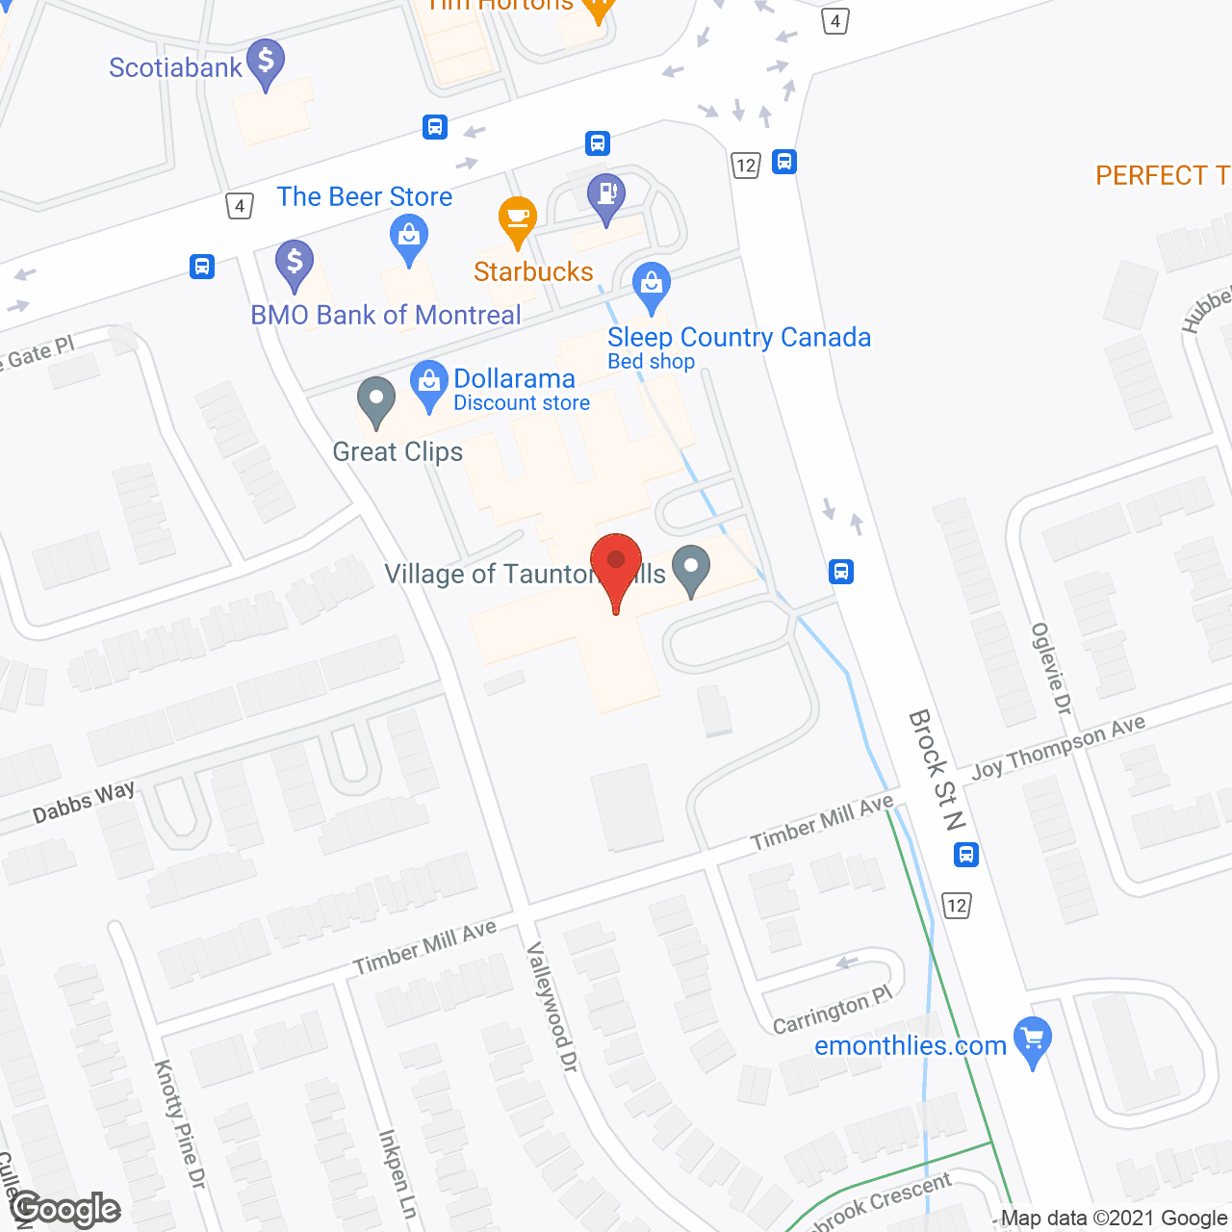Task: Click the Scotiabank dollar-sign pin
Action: (x=266, y=63)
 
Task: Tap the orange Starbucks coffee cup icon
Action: (x=518, y=220)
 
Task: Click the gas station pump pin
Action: (x=606, y=196)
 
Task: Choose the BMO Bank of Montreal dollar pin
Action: (x=295, y=263)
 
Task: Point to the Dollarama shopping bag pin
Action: (x=428, y=384)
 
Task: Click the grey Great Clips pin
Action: (x=376, y=400)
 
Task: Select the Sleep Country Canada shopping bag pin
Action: (x=652, y=286)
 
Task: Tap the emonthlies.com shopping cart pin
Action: (x=1033, y=1041)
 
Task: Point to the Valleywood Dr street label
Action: (x=552, y=1007)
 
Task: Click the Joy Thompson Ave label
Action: (x=1059, y=748)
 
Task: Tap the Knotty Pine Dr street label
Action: (x=180, y=1123)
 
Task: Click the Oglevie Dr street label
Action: (x=1051, y=669)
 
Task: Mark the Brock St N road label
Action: (x=937, y=770)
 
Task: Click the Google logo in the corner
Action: (x=65, y=1209)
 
